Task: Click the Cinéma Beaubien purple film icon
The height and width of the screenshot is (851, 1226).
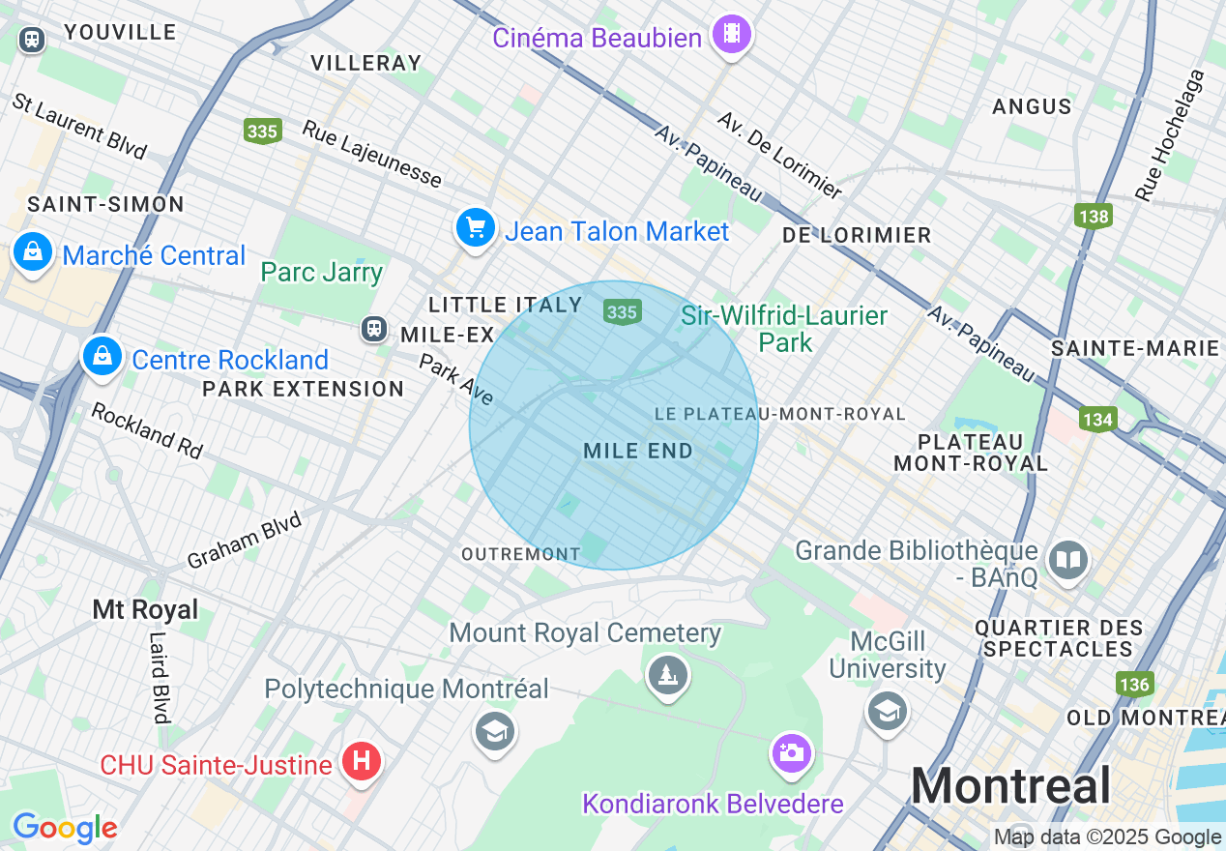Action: (x=732, y=35)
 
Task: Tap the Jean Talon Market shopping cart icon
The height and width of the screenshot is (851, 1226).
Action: (x=475, y=229)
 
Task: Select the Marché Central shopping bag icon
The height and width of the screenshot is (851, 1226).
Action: (x=33, y=253)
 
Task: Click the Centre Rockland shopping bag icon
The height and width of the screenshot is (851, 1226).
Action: (x=102, y=357)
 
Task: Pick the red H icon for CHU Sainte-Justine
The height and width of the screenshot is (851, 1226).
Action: (x=362, y=762)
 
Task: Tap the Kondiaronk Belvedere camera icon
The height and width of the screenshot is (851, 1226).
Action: (x=791, y=752)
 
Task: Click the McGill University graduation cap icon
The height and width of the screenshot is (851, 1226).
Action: (x=887, y=712)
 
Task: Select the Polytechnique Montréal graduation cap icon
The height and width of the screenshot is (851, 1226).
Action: (x=495, y=731)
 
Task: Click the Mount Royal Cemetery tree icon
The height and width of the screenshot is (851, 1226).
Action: (x=667, y=673)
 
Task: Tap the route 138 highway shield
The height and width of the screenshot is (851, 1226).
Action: (x=1094, y=215)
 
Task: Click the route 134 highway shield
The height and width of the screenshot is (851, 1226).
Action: (x=1098, y=420)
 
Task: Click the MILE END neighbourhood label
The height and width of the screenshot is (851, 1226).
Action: (x=638, y=451)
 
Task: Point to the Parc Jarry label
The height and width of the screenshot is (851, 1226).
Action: (x=322, y=272)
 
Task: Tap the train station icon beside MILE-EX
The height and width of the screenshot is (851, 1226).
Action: (x=373, y=329)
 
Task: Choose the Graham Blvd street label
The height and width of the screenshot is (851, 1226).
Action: (x=244, y=540)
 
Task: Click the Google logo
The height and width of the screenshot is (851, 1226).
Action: (x=65, y=828)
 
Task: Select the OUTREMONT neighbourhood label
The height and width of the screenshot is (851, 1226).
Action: (x=520, y=554)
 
